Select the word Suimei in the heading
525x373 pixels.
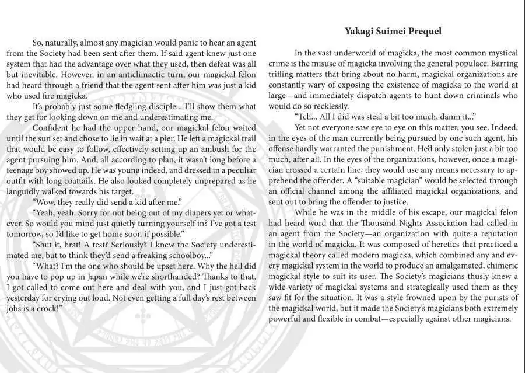coord(390,31)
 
